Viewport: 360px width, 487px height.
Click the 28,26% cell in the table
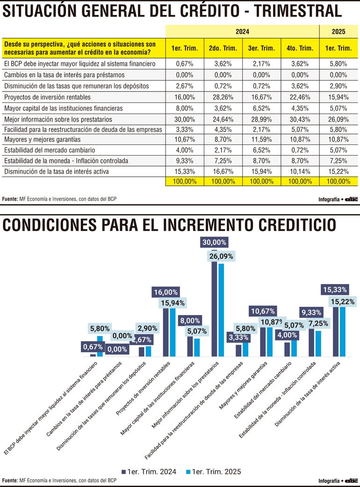[x=223, y=97]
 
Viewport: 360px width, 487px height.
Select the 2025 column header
[x=338, y=32]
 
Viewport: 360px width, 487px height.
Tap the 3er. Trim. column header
[x=261, y=48]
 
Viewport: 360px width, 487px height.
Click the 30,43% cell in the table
[x=300, y=118]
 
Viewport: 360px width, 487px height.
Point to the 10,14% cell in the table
[x=300, y=171]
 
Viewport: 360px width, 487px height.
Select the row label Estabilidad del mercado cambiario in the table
[x=50, y=150]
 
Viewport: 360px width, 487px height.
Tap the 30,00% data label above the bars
[x=214, y=242]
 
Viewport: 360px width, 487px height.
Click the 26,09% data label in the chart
[x=221, y=256]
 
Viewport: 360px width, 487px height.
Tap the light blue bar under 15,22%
[x=342, y=332]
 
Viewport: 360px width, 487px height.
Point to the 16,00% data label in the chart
[x=166, y=292]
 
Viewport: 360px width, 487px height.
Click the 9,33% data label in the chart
[x=311, y=312]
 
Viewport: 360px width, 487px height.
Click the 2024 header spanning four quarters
[x=242, y=32]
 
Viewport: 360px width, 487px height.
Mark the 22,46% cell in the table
[x=300, y=97]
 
